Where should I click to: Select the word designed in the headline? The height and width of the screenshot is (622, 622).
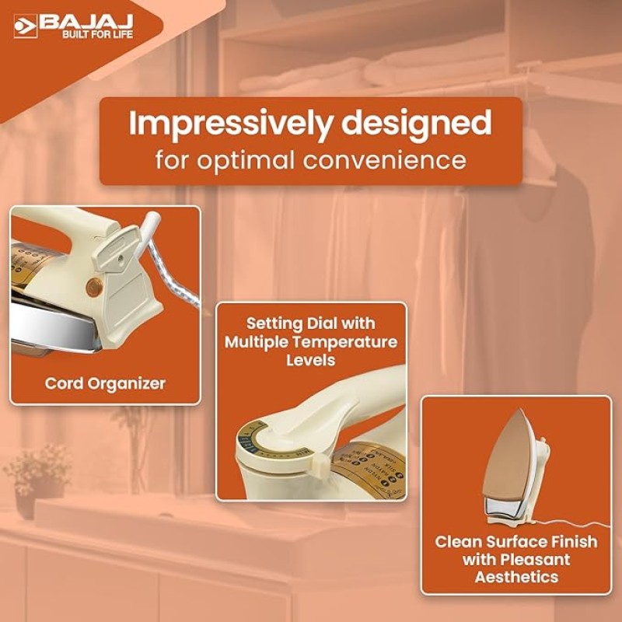[418, 123]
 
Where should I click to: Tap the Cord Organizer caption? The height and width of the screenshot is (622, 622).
[105, 383]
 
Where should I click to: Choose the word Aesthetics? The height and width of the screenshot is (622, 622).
[516, 576]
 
